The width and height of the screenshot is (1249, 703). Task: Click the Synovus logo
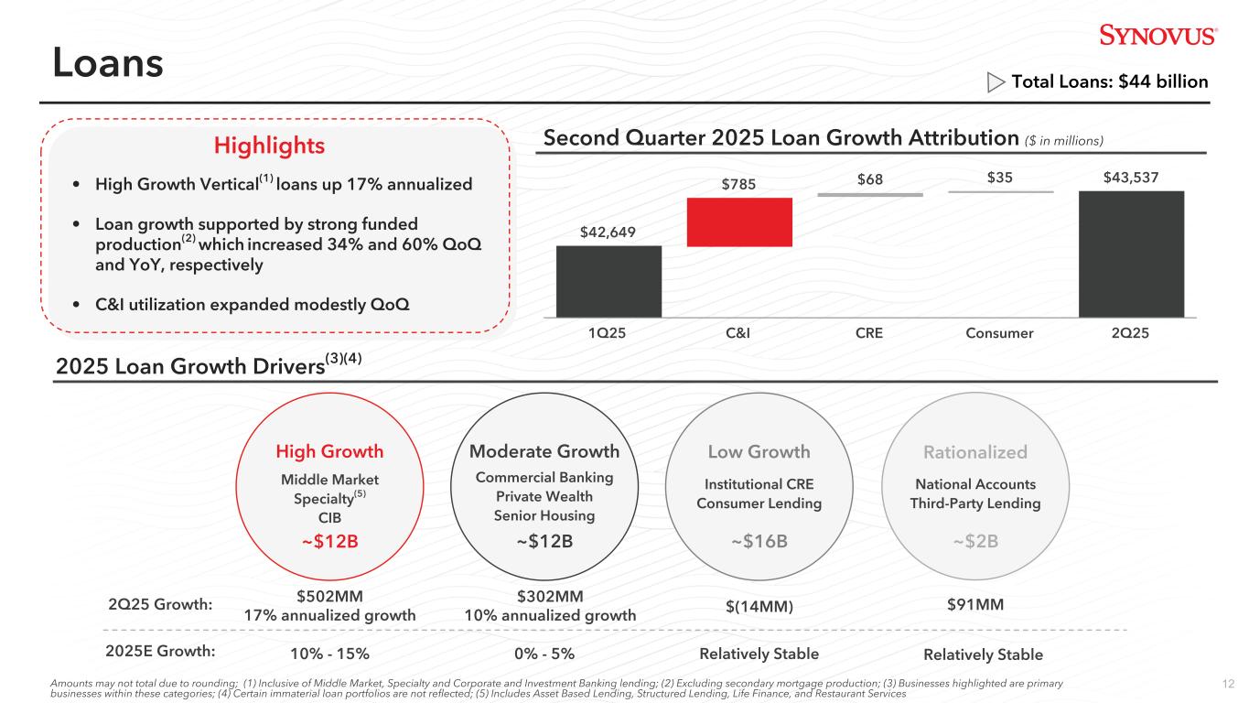point(1157,36)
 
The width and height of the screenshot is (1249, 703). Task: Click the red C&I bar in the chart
point(738,222)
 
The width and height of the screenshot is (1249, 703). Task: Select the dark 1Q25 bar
point(608,281)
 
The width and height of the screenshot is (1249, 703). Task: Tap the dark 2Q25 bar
point(1131,254)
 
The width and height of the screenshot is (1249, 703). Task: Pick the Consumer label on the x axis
point(999,333)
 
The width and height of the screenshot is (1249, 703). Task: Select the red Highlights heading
point(269,146)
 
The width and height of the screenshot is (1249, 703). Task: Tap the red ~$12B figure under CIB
point(329,541)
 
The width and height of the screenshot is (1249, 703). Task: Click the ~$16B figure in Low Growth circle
point(759,541)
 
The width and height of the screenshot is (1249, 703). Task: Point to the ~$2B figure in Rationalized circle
point(974,541)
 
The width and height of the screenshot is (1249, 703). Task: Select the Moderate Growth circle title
point(544,451)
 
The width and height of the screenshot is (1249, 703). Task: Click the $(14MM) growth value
point(759,606)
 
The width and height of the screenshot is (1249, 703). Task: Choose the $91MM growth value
point(974,604)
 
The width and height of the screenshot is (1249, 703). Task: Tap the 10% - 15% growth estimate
point(329,654)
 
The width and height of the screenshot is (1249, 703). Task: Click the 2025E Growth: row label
point(160,652)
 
